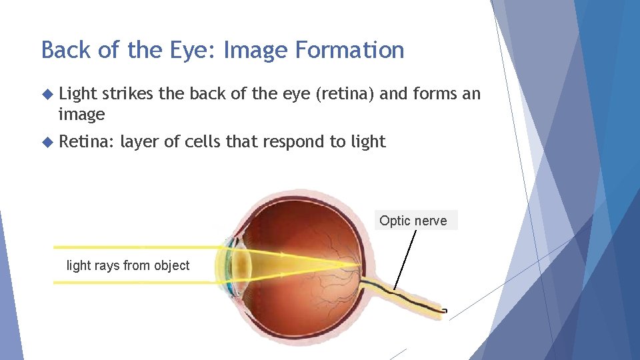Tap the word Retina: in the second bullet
coord(87,141)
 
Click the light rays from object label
coord(128,265)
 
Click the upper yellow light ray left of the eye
coord(133,247)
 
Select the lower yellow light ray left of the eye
coord(133,283)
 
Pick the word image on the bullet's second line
coord(81,115)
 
